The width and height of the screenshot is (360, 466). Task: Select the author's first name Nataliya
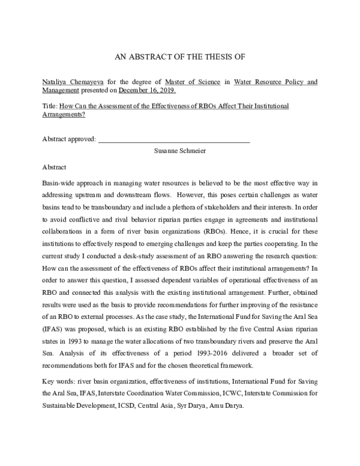coord(55,82)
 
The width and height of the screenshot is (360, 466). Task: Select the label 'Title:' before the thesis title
coord(50,106)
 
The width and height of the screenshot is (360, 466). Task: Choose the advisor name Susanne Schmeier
coord(180,151)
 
